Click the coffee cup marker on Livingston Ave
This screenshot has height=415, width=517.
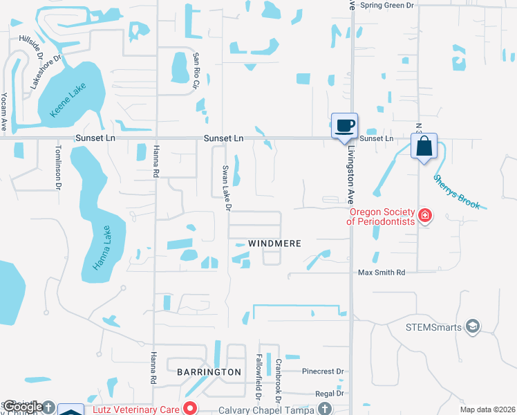[x=344, y=126]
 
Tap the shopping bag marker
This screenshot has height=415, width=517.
[x=424, y=147]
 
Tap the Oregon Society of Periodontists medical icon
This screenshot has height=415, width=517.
[x=425, y=216]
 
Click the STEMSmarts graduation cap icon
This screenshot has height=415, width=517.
[x=473, y=326]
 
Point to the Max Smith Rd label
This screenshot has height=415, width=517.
[x=381, y=273]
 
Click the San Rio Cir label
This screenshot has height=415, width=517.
[x=196, y=70]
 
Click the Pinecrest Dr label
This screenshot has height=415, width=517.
[x=322, y=371]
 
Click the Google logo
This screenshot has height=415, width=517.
[x=22, y=407]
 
